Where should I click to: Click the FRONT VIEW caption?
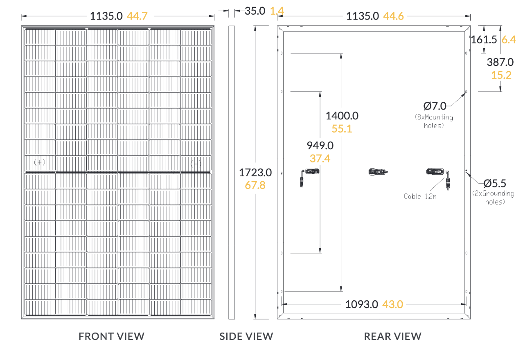pyautogui.click(x=111, y=336)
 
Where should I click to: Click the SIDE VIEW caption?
pyautogui.click(x=246, y=336)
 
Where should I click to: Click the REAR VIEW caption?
pyautogui.click(x=393, y=336)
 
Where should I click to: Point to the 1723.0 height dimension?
pyautogui.click(x=255, y=173)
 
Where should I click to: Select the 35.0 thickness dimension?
pyautogui.click(x=255, y=11)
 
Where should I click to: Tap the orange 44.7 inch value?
pyautogui.click(x=137, y=16)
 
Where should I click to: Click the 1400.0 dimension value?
pyautogui.click(x=342, y=116)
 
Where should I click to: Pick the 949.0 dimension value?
pyautogui.click(x=320, y=146)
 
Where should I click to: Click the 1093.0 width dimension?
pyautogui.click(x=361, y=304)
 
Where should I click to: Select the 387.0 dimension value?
pyautogui.click(x=500, y=62)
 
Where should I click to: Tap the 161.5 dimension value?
pyautogui.click(x=484, y=40)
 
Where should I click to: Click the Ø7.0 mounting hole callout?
pyautogui.click(x=435, y=106)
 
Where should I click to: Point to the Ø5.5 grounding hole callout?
pyautogui.click(x=495, y=184)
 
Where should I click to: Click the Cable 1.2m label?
pyautogui.click(x=420, y=196)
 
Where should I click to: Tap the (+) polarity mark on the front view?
pyautogui.click(x=39, y=162)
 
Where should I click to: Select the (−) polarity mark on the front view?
pyautogui.click(x=196, y=164)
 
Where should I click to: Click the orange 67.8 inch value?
pyautogui.click(x=255, y=185)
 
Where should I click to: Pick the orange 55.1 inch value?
pyautogui.click(x=342, y=128)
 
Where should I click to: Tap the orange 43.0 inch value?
pyautogui.click(x=393, y=304)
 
